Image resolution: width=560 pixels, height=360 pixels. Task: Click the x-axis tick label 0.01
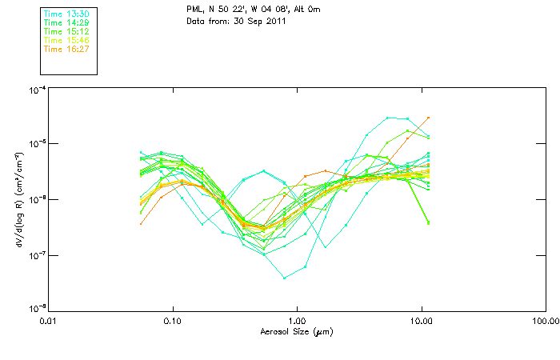(49, 321)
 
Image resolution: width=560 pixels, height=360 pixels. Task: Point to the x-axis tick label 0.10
(173, 321)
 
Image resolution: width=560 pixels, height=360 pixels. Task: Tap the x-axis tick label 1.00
(297, 321)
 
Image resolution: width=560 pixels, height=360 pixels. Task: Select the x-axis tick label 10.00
(421, 321)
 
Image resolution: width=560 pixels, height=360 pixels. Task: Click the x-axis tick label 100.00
(545, 321)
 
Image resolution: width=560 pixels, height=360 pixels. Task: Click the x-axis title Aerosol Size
(297, 331)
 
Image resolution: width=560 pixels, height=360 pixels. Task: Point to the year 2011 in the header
(275, 21)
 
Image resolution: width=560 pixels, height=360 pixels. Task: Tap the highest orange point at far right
(429, 118)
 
